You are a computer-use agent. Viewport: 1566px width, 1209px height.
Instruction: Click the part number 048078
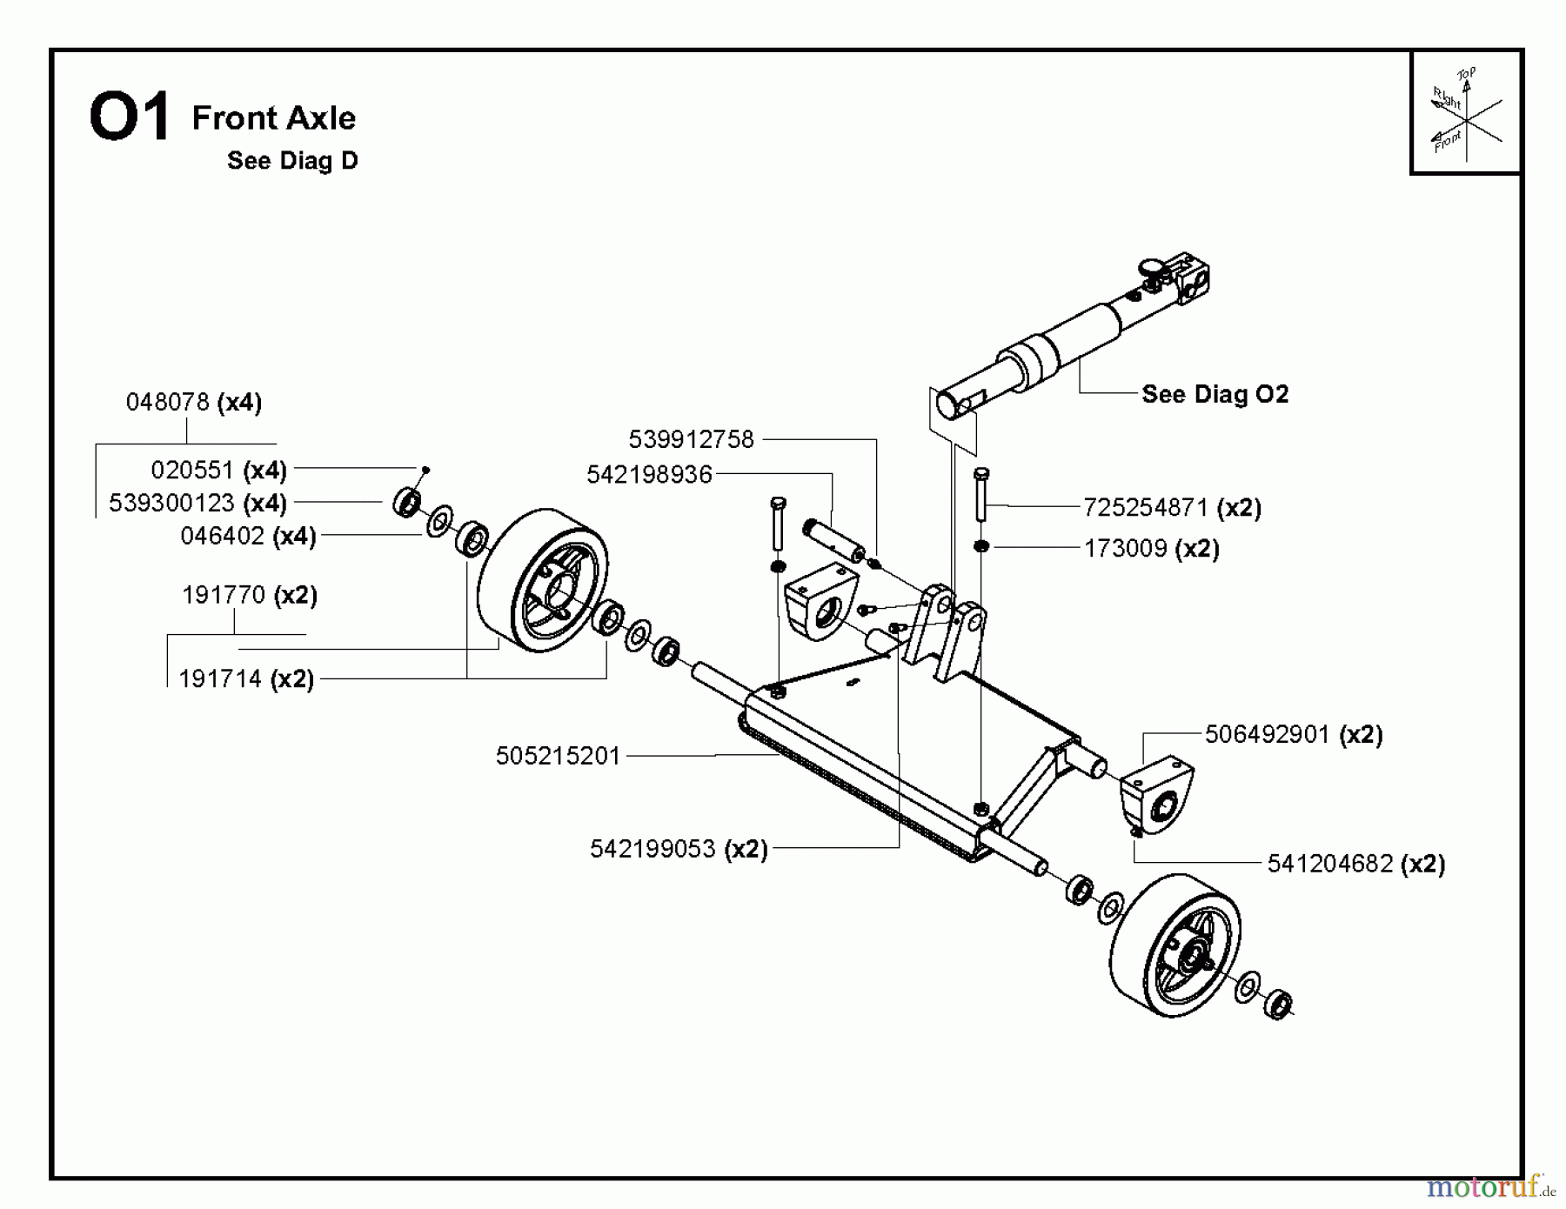pos(168,402)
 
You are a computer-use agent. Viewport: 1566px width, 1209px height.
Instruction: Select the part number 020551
pos(192,470)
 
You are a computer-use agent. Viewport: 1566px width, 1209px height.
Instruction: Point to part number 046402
pos(222,536)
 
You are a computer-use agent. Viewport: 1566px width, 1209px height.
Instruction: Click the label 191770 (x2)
pos(249,595)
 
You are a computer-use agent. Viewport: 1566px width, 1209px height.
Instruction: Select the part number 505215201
pos(558,756)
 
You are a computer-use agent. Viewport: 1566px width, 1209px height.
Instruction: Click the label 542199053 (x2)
pos(679,849)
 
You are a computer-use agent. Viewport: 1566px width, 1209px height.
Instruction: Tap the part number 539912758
pos(691,439)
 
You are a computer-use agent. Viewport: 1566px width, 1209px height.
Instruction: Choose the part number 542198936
pos(649,474)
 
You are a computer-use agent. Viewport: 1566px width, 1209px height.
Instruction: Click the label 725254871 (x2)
pos(1172,507)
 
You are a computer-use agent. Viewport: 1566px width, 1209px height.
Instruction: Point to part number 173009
pos(1125,549)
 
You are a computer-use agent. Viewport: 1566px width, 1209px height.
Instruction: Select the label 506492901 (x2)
pos(1293,735)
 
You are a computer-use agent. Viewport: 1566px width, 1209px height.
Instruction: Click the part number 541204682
pos(1329,864)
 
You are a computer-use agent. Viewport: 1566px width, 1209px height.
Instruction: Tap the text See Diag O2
pos(1215,394)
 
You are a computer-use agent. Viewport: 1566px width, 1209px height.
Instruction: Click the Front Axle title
pos(273,117)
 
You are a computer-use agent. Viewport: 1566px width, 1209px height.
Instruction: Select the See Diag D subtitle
pos(292,161)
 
